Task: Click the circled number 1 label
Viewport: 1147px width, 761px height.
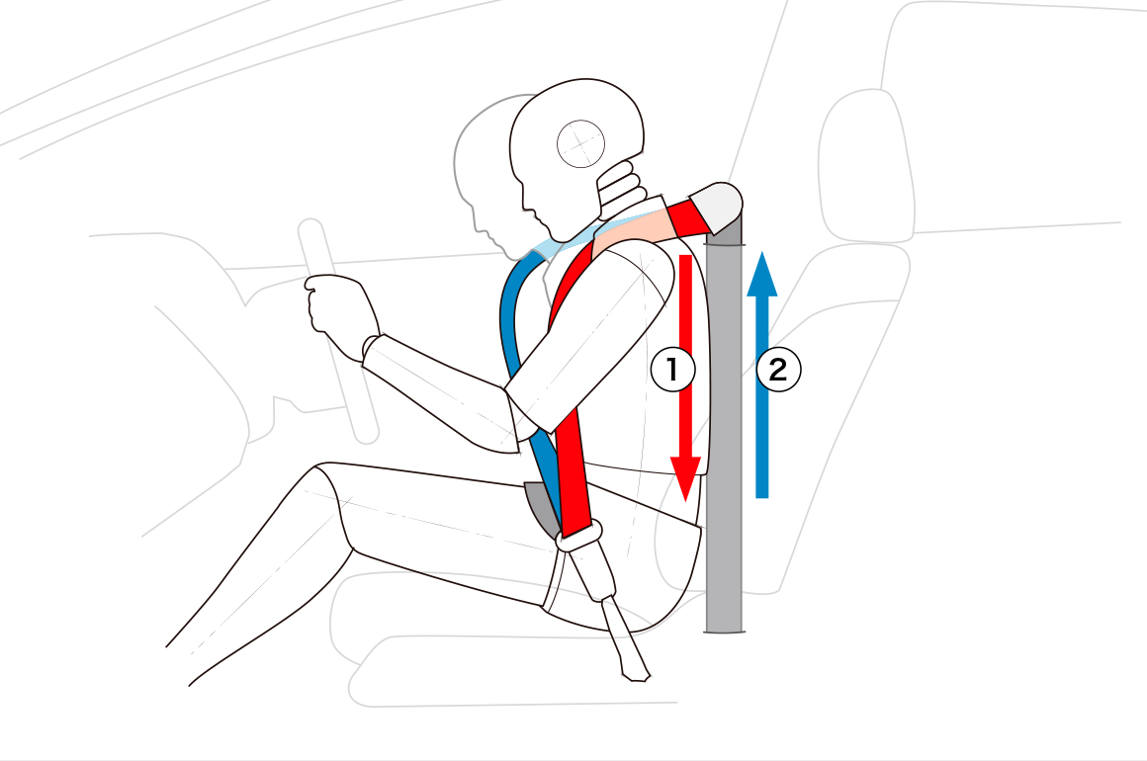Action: point(673,369)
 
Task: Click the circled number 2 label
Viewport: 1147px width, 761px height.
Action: point(778,369)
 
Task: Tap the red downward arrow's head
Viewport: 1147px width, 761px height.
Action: point(685,478)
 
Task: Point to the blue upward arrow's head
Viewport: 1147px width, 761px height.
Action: point(762,274)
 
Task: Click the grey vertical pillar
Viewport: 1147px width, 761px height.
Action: point(724,424)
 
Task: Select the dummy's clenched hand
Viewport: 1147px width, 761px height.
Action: point(336,308)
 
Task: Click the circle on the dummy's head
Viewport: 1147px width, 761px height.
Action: point(580,144)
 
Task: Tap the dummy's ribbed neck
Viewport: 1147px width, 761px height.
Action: point(622,192)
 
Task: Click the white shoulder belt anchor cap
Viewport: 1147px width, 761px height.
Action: point(717,208)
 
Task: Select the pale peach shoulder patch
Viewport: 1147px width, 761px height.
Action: point(633,229)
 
